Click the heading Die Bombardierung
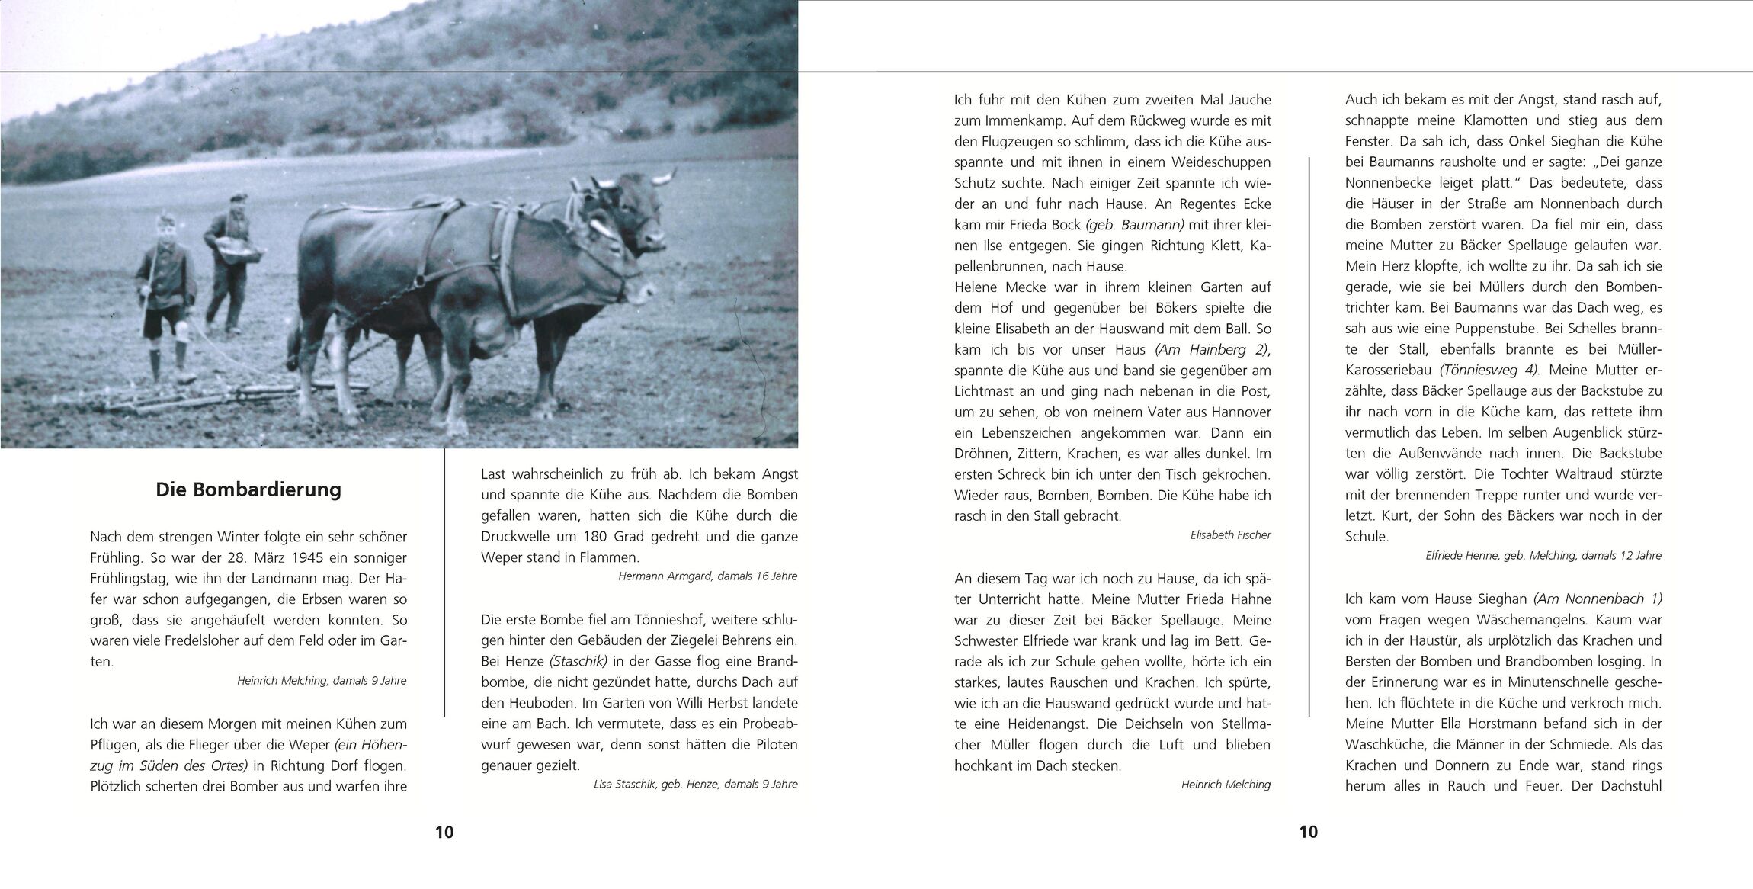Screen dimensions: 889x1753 click(248, 489)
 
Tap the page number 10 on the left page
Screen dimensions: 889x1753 click(444, 832)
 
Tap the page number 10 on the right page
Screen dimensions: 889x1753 click(1308, 832)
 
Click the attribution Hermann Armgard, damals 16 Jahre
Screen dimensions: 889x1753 click(707, 576)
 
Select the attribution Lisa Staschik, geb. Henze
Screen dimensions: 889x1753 click(695, 784)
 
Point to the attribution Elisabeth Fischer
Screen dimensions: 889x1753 click(1230, 535)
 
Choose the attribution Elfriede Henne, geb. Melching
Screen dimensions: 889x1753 click(1543, 556)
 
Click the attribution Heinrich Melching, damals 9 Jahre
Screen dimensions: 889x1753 click(322, 681)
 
